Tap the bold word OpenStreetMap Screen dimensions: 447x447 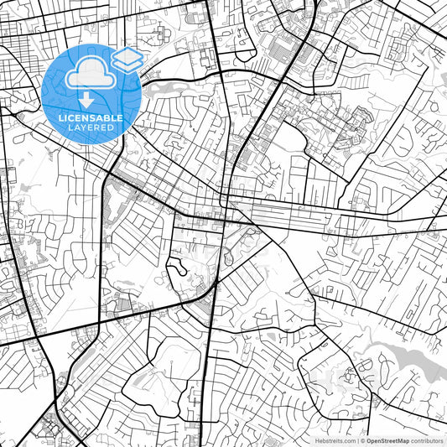pos(389,439)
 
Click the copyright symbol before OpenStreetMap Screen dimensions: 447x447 pos(361,439)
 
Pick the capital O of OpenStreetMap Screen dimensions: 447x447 pos(369,439)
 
